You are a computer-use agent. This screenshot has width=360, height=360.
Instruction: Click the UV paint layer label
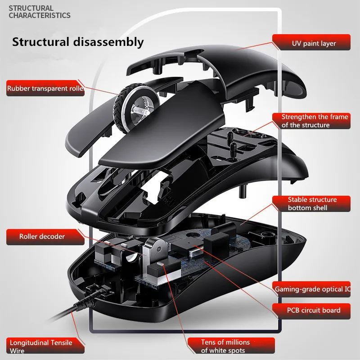point(314,44)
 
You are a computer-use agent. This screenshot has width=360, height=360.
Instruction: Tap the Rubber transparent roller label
point(45,89)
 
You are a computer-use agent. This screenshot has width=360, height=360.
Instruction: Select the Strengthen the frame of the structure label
point(315,121)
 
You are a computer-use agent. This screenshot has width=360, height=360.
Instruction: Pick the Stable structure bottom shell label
point(312,203)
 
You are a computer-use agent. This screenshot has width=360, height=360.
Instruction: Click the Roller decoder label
point(42,236)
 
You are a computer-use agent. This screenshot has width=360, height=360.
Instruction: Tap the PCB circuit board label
point(313,310)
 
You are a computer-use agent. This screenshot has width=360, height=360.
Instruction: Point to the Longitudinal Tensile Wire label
point(40,346)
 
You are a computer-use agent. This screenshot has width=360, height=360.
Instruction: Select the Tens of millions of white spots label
point(223,346)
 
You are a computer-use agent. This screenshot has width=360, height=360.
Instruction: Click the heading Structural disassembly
point(77,42)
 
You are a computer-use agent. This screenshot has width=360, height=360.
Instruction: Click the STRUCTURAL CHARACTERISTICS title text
point(40,12)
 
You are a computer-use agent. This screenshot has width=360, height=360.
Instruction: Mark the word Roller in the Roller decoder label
point(30,236)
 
